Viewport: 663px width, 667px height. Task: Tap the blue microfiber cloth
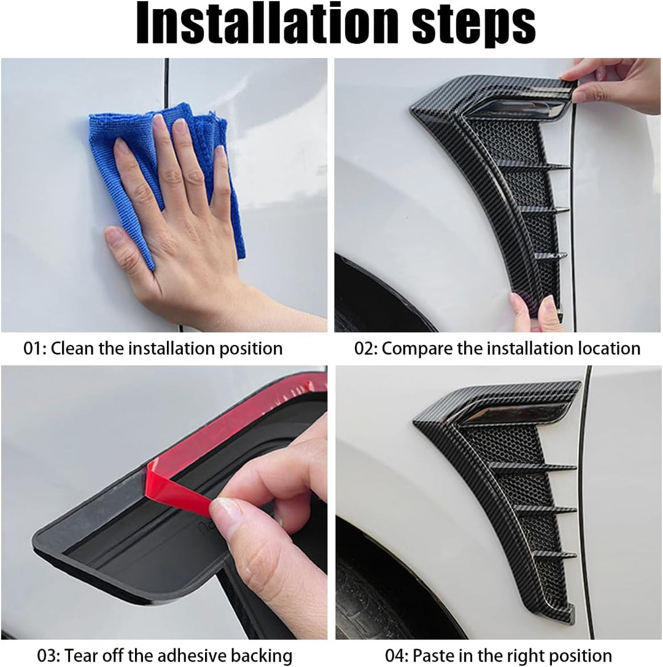(166, 179)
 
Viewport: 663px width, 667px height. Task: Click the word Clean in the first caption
(73, 349)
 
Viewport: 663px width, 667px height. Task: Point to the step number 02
(365, 349)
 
